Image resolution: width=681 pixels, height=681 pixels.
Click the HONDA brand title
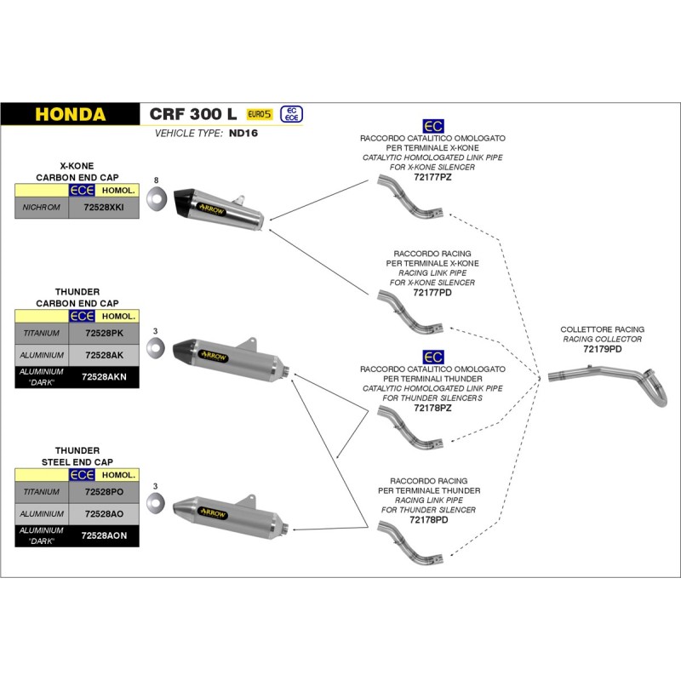71,114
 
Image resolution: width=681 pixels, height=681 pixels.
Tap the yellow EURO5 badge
260,114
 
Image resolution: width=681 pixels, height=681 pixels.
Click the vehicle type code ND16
243,134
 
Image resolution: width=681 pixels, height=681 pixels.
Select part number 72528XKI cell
104,207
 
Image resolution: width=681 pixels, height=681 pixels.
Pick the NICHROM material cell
42,207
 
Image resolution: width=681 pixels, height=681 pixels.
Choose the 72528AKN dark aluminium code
104,375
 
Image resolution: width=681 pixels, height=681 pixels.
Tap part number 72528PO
104,491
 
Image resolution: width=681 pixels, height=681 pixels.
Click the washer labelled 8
156,201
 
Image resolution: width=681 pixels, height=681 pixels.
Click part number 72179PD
602,349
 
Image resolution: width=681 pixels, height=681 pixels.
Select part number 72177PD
432,291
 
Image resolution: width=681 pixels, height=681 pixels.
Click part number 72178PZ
432,408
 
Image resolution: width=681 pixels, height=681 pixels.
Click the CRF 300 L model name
193,114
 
